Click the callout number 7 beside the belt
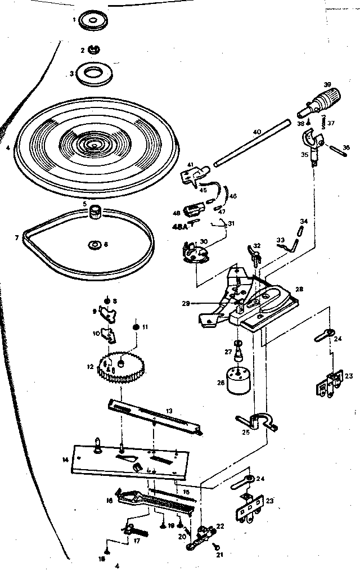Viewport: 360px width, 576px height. click(x=17, y=237)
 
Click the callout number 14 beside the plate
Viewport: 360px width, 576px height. click(x=66, y=460)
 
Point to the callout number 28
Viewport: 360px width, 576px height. click(x=299, y=289)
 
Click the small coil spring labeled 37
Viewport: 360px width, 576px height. click(x=325, y=121)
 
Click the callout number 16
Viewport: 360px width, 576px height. click(x=110, y=499)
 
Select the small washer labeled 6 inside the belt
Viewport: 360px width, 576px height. click(x=93, y=244)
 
